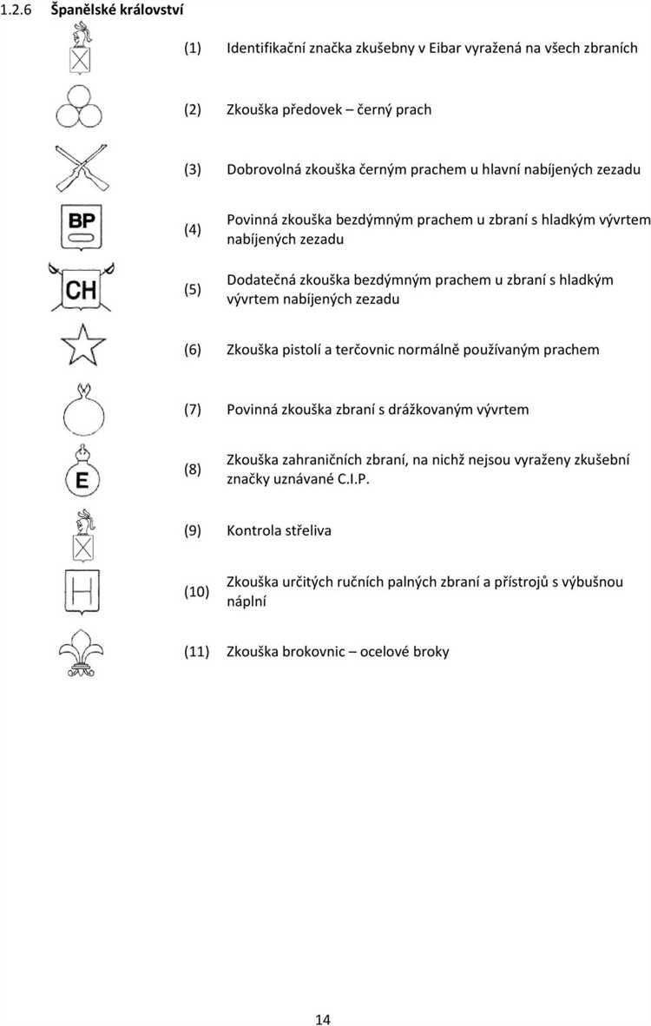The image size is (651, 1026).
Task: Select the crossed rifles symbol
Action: [x=81, y=168]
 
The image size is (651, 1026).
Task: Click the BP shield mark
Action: [x=82, y=228]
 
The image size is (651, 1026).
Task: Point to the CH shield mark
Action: [x=82, y=287]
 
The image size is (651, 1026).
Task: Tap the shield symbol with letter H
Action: [x=82, y=592]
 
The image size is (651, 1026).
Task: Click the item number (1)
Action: [x=192, y=48]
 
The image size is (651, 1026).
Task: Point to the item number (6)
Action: [x=192, y=350]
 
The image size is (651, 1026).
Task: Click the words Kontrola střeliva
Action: [x=279, y=529]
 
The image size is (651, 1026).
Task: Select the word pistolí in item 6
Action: [x=303, y=350]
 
